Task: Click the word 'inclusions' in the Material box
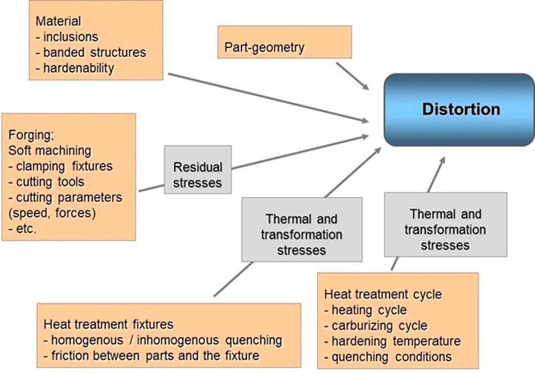click(71, 37)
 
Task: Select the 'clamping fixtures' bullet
click(62, 166)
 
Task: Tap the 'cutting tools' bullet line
click(50, 181)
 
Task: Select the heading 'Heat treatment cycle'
click(383, 294)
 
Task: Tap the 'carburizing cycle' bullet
click(379, 325)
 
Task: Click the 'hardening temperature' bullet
click(395, 341)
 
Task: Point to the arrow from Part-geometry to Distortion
click(353, 76)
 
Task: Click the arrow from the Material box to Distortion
click(267, 96)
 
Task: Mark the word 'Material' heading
click(58, 22)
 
